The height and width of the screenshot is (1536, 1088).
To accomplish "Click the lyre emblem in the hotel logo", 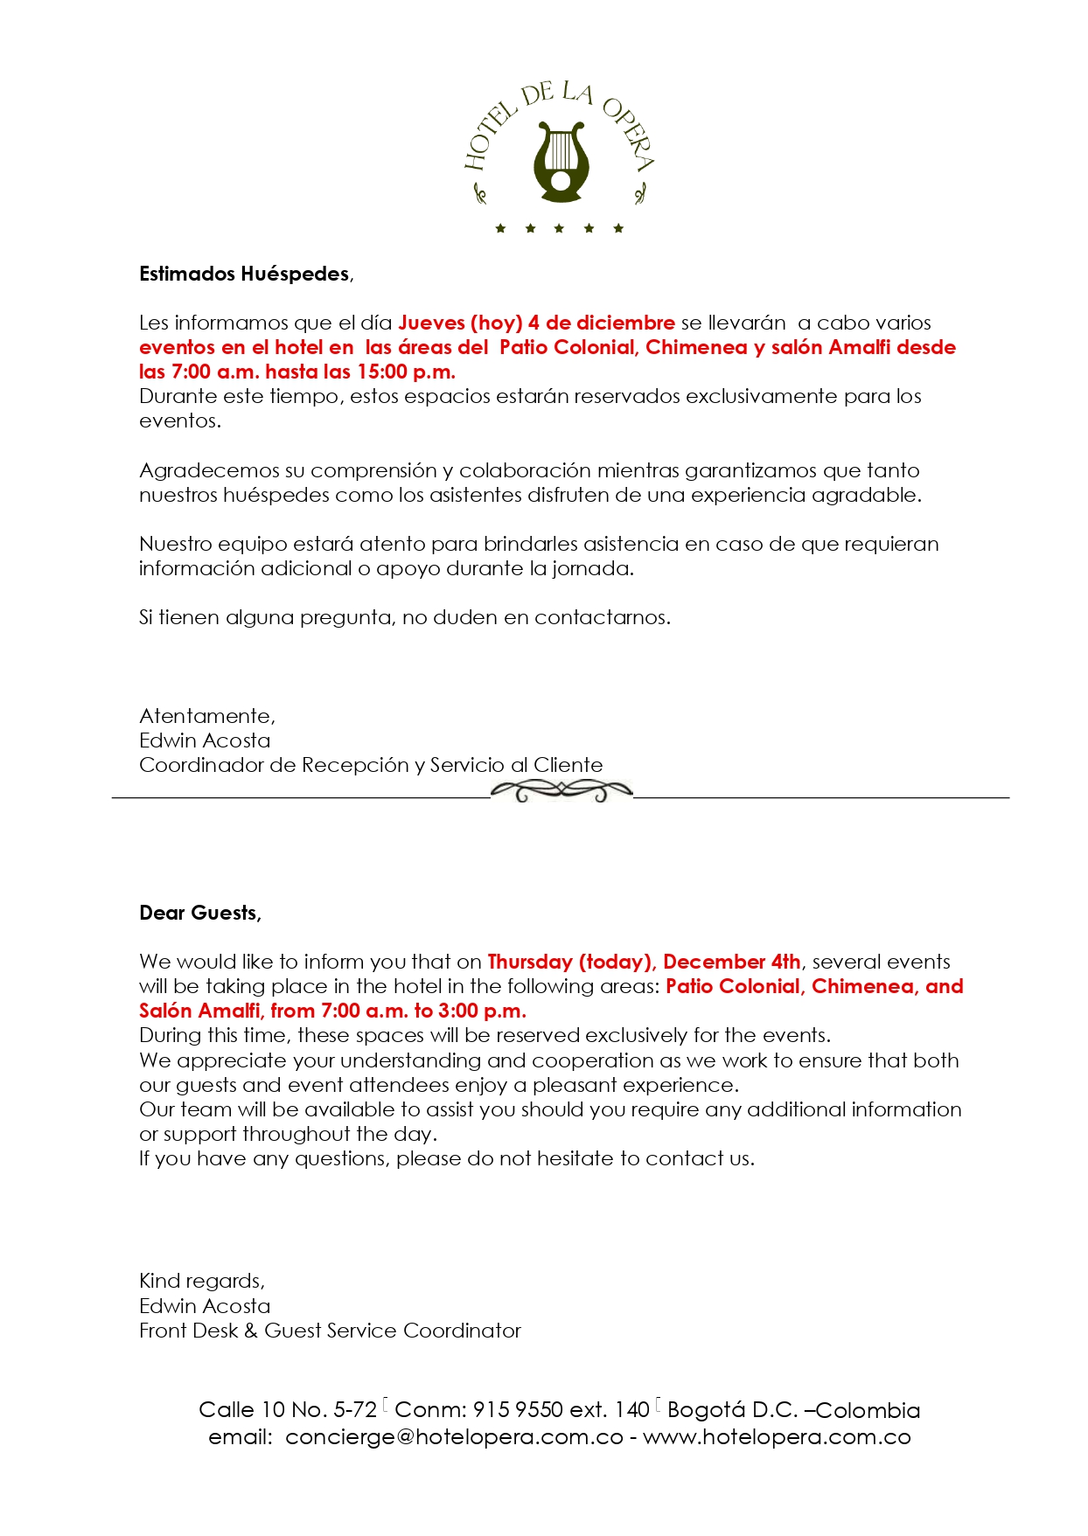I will [x=561, y=163].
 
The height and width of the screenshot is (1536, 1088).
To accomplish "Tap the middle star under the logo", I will [x=559, y=229].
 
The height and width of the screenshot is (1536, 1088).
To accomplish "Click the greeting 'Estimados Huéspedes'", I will [x=244, y=274].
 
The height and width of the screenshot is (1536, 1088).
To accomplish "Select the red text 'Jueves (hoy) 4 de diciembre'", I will [x=536, y=323].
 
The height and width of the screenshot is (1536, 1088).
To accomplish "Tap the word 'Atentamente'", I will [x=206, y=716].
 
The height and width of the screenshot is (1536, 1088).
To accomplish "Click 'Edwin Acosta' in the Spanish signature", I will [x=205, y=740].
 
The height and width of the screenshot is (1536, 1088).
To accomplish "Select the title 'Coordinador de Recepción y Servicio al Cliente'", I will [x=371, y=765].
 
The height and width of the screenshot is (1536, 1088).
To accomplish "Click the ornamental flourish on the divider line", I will [x=561, y=791].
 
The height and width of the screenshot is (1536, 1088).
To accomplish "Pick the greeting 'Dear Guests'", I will [x=199, y=913].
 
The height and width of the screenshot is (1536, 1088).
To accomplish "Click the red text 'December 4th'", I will [x=731, y=962].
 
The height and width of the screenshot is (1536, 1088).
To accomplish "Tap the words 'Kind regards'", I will [x=201, y=1281].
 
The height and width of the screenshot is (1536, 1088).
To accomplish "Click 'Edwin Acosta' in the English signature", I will [x=205, y=1306].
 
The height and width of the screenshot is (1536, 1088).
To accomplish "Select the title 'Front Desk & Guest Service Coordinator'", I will [x=330, y=1331].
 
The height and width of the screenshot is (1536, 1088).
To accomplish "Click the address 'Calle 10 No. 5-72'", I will [x=288, y=1410].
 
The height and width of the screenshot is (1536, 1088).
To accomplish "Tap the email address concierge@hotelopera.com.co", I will [x=454, y=1437].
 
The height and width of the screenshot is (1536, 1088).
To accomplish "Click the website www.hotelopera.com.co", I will [x=777, y=1437].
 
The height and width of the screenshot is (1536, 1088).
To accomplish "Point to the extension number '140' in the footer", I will [x=631, y=1410].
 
